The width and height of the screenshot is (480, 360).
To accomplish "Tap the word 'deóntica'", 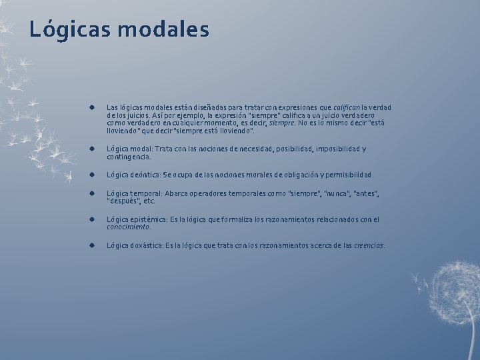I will (x=143, y=175).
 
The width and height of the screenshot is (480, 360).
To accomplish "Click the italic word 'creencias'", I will (x=369, y=245).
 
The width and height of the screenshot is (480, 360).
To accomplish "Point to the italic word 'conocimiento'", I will (x=128, y=227).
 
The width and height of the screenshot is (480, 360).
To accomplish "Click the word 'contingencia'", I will (x=128, y=157).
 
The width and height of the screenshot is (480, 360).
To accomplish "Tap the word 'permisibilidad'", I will (x=347, y=175).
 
